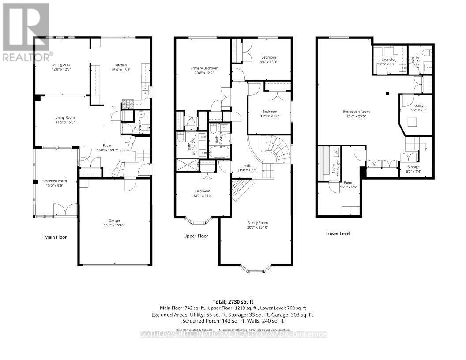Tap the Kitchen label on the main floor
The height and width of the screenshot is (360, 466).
point(121,64)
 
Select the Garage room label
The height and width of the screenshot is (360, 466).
point(114,221)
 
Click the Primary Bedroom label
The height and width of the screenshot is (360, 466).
point(204,68)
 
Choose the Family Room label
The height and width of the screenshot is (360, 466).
point(257,223)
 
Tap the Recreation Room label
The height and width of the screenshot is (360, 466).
point(356,112)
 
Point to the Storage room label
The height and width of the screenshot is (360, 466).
point(413,167)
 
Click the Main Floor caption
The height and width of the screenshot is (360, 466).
point(56,237)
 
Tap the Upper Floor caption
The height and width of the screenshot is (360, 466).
point(196,236)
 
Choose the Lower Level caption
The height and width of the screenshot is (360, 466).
point(338,233)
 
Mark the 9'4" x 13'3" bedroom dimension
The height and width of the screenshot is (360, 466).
point(268,62)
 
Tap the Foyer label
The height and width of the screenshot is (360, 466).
point(107,145)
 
